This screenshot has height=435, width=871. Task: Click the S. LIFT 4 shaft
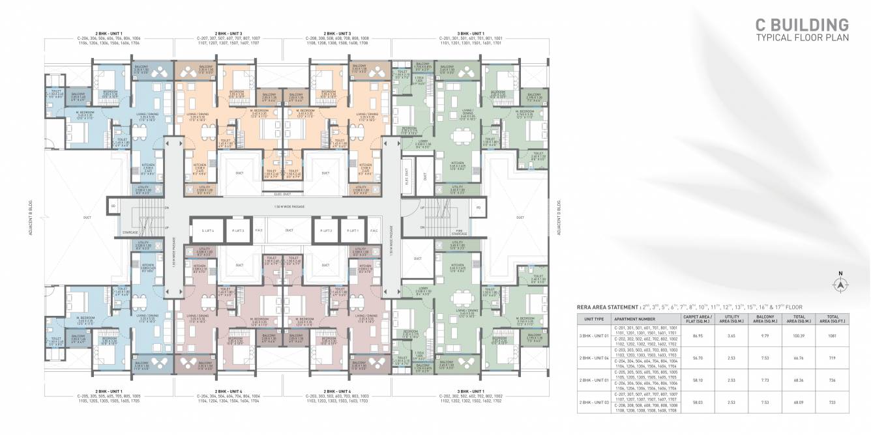(x=208, y=231)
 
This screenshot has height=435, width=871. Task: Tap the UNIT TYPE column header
(x=594, y=318)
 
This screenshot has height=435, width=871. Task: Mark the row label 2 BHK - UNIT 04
(x=594, y=358)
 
